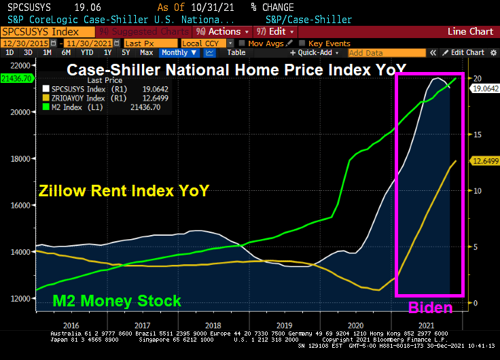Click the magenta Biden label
point(429,308)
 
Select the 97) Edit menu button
point(273,32)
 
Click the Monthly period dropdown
point(179,52)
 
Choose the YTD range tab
point(87,52)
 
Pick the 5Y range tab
point(126,52)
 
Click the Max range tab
point(146,52)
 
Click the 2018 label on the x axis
point(213,325)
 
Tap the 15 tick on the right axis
point(478,134)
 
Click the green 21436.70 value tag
point(17,79)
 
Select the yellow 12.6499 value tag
point(485,161)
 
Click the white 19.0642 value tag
point(485,88)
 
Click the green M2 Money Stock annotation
point(117,301)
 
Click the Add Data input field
point(380,53)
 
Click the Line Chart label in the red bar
point(470,32)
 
